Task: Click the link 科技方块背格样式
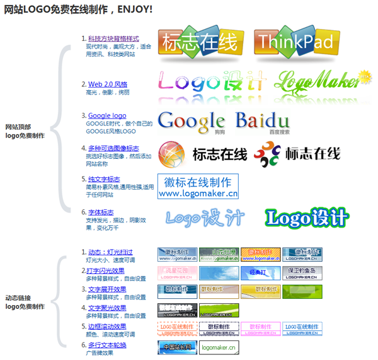click(x=113, y=39)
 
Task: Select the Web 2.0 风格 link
click(x=108, y=84)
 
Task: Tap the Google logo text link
click(x=107, y=116)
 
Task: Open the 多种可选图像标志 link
click(x=113, y=149)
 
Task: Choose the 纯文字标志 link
click(x=104, y=180)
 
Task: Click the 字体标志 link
click(x=101, y=212)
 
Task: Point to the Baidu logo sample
click(x=262, y=122)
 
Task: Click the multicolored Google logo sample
click(x=191, y=122)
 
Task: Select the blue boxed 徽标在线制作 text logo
click(x=198, y=188)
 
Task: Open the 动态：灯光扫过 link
click(x=110, y=253)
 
